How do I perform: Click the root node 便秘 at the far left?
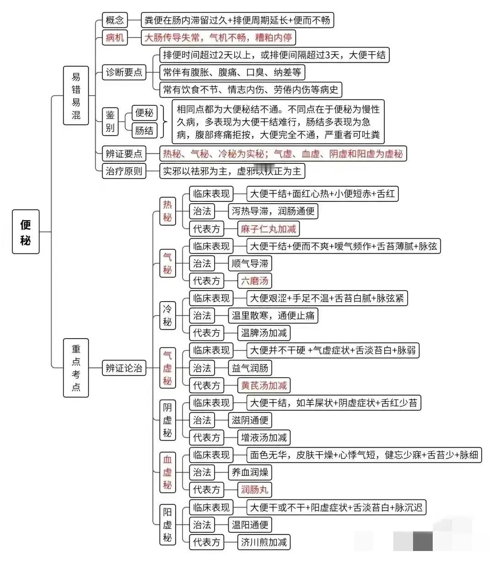26,232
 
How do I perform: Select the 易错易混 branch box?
75,96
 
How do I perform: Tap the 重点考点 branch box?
75,368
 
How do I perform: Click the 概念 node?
115,20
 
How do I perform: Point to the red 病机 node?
115,38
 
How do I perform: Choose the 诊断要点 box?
124,72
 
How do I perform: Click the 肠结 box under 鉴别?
144,130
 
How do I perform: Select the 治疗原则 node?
124,171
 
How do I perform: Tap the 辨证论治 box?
124,368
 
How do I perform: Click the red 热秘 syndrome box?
167,211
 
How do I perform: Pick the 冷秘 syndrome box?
167,315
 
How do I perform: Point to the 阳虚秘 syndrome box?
167,525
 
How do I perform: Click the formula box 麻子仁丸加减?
268,229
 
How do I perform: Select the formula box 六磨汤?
254,281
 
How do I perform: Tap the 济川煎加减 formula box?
263,542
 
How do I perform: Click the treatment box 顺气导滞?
250,263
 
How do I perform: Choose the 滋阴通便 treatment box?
250,420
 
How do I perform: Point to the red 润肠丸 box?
254,490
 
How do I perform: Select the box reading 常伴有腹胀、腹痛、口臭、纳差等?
232,72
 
